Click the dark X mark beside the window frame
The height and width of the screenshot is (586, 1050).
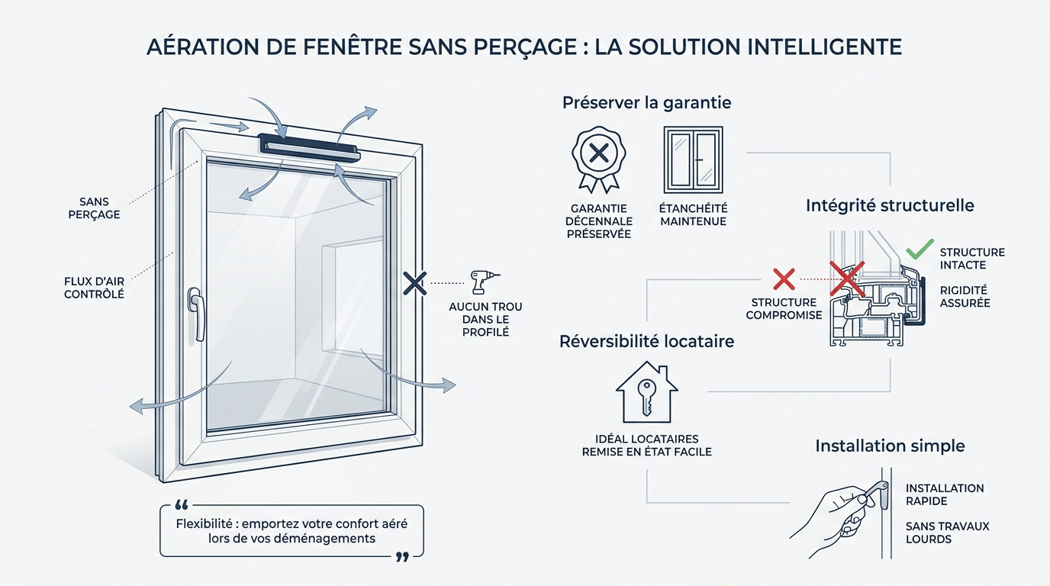(x=414, y=284)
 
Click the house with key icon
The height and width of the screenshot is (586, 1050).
(x=646, y=392)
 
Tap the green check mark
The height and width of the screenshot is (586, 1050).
(x=920, y=250)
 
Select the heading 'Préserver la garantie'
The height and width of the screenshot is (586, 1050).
(x=646, y=102)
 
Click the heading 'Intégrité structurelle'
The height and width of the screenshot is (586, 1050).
(x=890, y=205)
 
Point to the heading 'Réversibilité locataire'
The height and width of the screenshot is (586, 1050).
(x=647, y=341)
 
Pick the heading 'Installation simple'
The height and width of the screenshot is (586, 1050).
(x=890, y=446)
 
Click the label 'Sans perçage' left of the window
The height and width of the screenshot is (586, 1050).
(x=99, y=208)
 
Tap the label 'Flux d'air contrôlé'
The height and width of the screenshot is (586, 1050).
(x=95, y=287)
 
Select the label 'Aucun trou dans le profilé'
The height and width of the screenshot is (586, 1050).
(x=486, y=319)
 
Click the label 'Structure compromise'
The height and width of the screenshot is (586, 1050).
(x=784, y=308)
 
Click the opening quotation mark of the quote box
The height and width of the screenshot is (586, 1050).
(x=182, y=506)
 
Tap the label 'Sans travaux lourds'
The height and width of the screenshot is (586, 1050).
(x=947, y=532)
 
